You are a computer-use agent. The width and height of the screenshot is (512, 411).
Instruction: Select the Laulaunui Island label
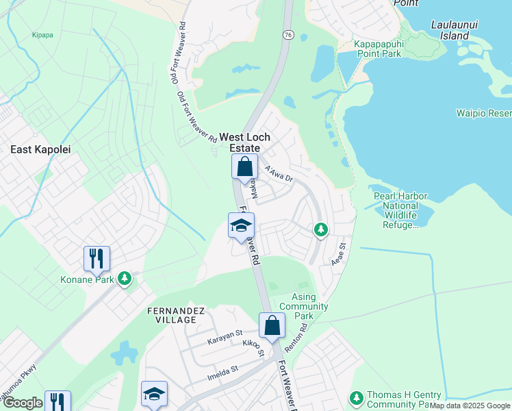(450, 30)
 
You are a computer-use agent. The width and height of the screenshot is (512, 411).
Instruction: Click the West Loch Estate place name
(240, 142)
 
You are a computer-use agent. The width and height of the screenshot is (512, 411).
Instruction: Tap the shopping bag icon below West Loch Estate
(244, 166)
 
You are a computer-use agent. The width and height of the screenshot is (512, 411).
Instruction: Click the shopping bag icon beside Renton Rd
(272, 325)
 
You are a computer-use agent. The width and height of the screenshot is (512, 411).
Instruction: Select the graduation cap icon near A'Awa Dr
(241, 225)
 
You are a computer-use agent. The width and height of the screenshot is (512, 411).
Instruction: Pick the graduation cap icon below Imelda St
(154, 393)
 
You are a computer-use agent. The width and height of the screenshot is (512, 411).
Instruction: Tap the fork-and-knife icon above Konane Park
(97, 258)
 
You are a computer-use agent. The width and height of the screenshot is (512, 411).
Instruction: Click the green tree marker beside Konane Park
(124, 278)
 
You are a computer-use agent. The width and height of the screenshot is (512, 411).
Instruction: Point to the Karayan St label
(225, 340)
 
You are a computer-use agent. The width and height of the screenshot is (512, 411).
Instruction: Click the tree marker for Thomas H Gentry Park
(356, 398)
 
